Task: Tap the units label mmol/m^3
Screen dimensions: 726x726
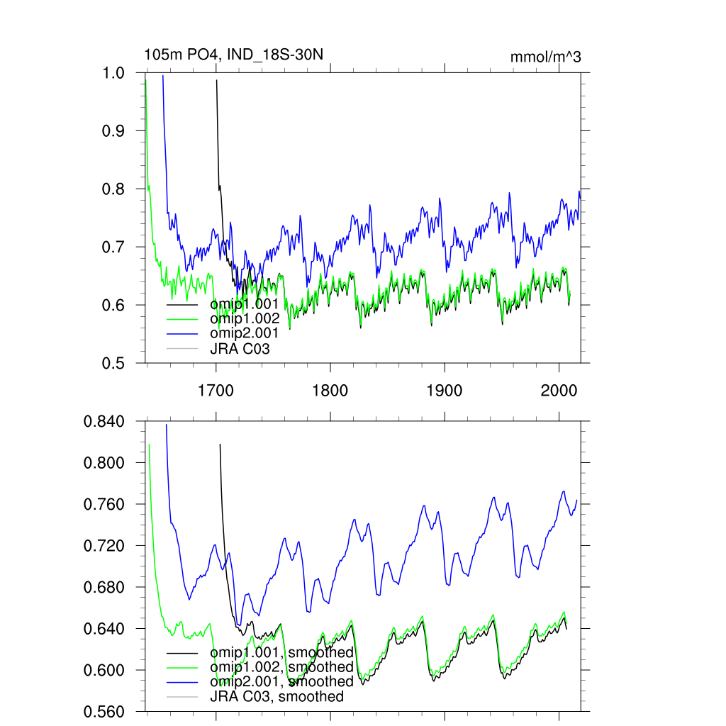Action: point(546,57)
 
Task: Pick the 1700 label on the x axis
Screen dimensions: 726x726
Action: point(216,390)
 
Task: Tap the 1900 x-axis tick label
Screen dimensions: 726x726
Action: point(444,390)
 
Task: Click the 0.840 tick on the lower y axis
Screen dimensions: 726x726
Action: point(104,422)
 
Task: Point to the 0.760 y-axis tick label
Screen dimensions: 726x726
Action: point(104,505)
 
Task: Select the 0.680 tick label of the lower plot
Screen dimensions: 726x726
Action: point(104,588)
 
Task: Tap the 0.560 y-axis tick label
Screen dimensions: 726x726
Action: point(104,711)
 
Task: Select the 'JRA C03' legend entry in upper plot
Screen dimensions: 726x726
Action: point(240,348)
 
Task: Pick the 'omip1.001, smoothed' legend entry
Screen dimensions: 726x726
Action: point(281,652)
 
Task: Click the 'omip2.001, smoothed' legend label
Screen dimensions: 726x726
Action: point(281,681)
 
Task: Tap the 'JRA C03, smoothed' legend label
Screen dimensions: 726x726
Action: point(277,696)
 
